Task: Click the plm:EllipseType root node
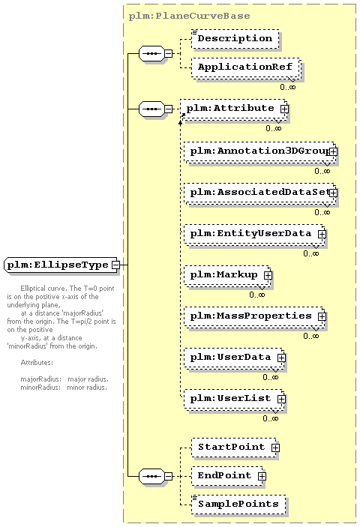coord(61,265)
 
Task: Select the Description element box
coord(235,39)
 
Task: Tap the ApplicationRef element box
coord(246,68)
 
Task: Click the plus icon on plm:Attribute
coord(284,109)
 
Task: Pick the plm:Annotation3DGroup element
coord(260,151)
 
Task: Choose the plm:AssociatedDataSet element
coord(260,193)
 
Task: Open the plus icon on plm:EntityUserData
coord(322,234)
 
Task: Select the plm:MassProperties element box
coord(255,316)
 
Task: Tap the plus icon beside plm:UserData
coord(281,358)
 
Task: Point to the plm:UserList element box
coord(234,400)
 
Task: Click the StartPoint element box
coord(235,448)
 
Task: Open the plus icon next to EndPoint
coord(262,476)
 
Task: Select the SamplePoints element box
coord(238,505)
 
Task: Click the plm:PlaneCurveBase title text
coord(190,16)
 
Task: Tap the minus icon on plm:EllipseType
coord(115,265)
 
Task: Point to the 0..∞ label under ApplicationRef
coord(288,87)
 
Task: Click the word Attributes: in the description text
coord(37,363)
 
